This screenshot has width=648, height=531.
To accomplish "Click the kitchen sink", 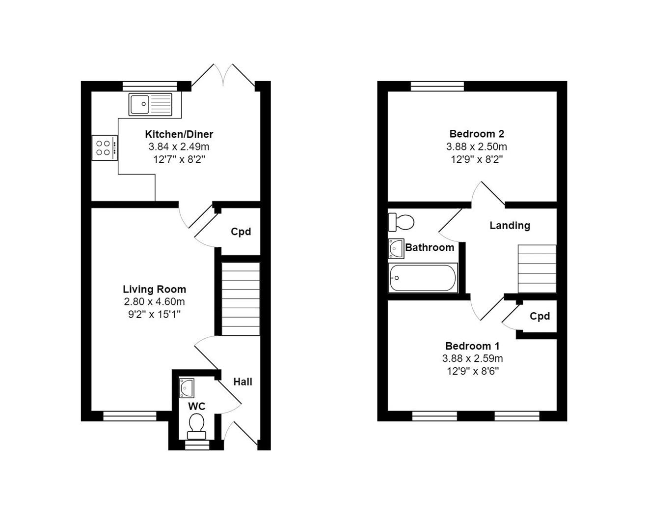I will click(x=150, y=104).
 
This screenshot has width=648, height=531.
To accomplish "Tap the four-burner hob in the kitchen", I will click(x=105, y=148).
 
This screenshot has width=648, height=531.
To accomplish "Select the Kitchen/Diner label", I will click(x=179, y=134).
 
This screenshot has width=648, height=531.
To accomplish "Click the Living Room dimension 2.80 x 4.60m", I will click(x=154, y=302).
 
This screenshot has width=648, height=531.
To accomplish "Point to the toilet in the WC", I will click(x=196, y=426).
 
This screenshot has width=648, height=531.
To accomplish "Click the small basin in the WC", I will click(x=187, y=387).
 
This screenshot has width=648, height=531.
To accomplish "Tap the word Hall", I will click(x=243, y=382).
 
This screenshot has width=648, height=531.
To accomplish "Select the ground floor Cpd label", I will click(x=241, y=232).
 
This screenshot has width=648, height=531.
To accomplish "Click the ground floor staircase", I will click(x=241, y=299).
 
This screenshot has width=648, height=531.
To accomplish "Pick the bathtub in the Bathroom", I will click(x=423, y=278).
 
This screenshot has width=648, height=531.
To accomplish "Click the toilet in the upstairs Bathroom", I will click(x=401, y=222).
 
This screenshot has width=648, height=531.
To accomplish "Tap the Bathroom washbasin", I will click(x=396, y=248).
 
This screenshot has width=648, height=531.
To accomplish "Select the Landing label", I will click(x=510, y=226).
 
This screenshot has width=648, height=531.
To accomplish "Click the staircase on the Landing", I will click(x=537, y=268).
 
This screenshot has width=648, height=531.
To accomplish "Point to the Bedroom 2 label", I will click(x=476, y=134).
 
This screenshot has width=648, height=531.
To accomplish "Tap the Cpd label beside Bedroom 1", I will click(x=540, y=316).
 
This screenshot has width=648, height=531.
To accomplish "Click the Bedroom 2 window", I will click(x=437, y=87).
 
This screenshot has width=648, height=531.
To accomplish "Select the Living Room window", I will click(x=130, y=416).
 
